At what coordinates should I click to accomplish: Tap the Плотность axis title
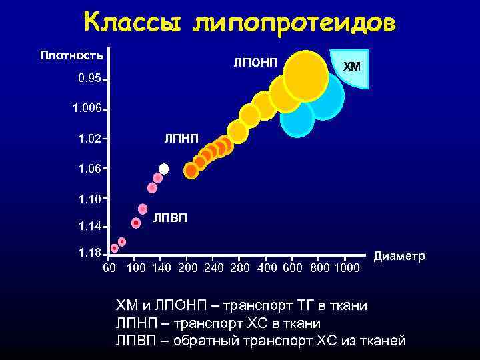pyautogui.click(x=72, y=54)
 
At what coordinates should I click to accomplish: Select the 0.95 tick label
pyautogui.click(x=89, y=79)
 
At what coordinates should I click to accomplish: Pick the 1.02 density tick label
pyautogui.click(x=89, y=139)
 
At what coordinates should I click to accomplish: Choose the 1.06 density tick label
pyautogui.click(x=89, y=169)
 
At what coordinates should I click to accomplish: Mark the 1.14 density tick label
pyautogui.click(x=89, y=227)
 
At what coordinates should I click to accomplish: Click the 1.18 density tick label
pyautogui.click(x=89, y=253)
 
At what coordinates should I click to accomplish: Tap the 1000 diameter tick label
pyautogui.click(x=345, y=268)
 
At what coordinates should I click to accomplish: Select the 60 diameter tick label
pyautogui.click(x=110, y=268)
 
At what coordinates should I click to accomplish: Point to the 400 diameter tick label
pyautogui.click(x=266, y=268)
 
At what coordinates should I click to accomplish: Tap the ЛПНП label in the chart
pyautogui.click(x=181, y=139)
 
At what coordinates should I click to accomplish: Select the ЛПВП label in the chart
pyautogui.click(x=170, y=218)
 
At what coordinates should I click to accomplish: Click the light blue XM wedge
pyautogui.click(x=353, y=67)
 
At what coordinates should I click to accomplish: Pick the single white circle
pyautogui.click(x=164, y=169)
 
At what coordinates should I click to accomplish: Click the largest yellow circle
pyautogui.click(x=305, y=75)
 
